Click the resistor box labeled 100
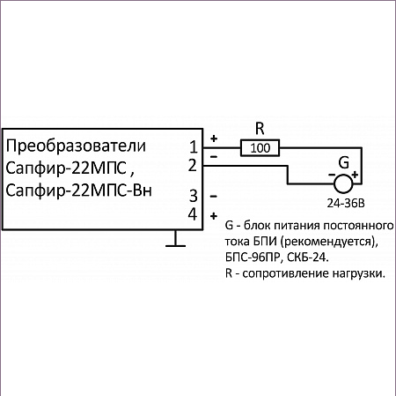click(260, 148)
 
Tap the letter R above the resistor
click(260, 129)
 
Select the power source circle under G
click(343, 183)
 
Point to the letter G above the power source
click(344, 162)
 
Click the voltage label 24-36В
click(346, 204)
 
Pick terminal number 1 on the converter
click(194, 147)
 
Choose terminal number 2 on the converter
click(193, 165)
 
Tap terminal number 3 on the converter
click(194, 196)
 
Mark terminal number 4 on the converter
click(193, 214)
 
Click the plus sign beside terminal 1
click(214, 138)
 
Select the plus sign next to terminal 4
click(214, 216)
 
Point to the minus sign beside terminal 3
click(214, 196)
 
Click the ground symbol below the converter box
click(175, 239)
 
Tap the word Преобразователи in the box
click(76, 146)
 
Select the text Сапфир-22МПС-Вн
click(78, 191)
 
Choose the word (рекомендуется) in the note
click(329, 242)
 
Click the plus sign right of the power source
click(355, 175)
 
